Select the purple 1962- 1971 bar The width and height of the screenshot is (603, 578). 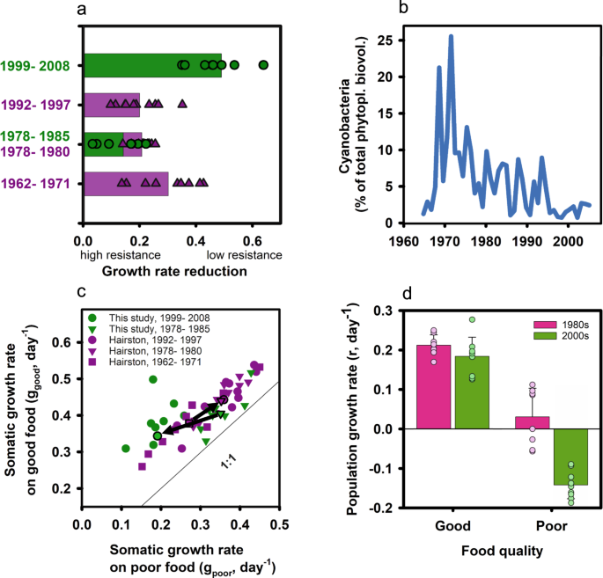coord(125,183)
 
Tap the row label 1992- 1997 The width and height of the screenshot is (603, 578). coord(41,104)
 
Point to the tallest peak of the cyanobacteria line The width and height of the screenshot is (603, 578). coord(451,37)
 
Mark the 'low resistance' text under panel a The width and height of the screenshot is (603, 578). coord(241,254)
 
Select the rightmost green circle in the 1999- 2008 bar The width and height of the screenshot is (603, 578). coord(262,65)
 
